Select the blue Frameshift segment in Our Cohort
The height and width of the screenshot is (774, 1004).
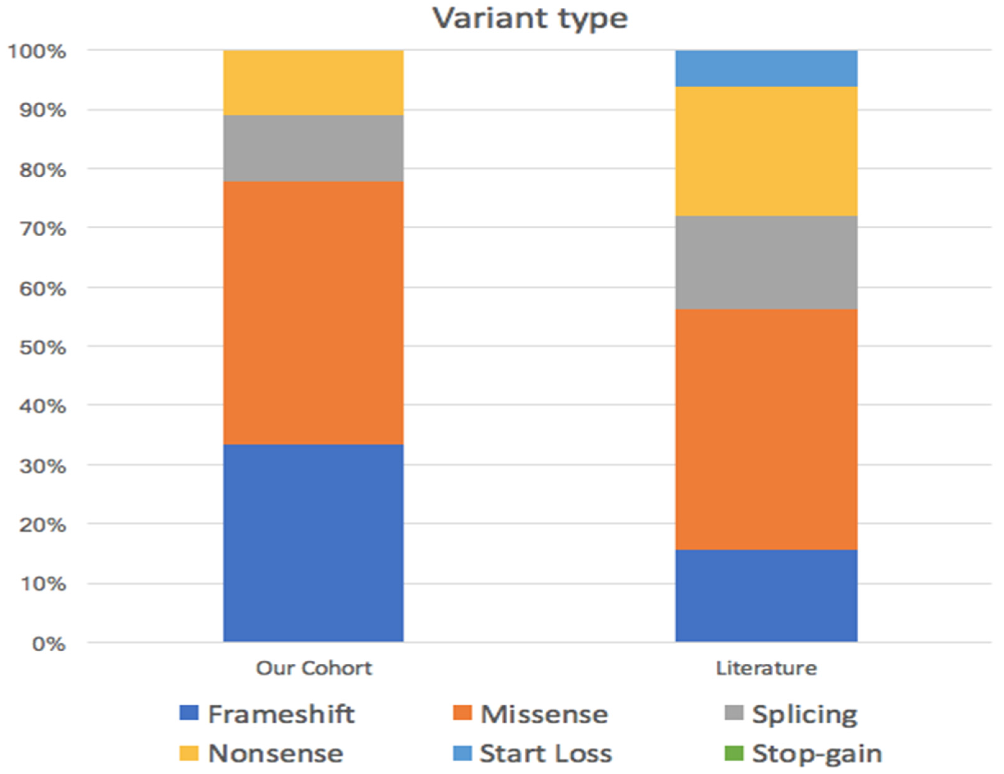click(313, 542)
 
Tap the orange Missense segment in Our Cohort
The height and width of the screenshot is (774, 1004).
click(313, 312)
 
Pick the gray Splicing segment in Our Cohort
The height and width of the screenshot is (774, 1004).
click(313, 148)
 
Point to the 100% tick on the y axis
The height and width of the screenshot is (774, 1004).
click(37, 52)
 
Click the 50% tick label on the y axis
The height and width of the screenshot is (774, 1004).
click(42, 348)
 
